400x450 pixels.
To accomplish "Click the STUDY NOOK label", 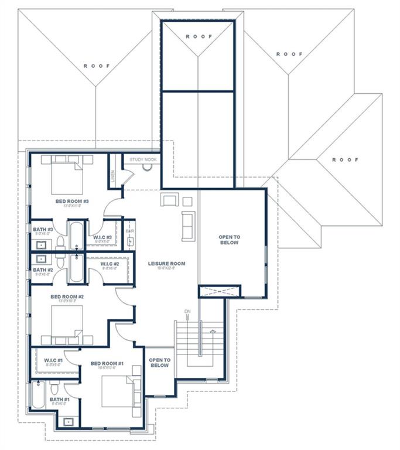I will point(143,159).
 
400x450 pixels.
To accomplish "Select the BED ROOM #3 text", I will point(71,201).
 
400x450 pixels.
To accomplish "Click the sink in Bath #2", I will point(42,258).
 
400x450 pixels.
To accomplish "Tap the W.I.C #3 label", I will point(102,237).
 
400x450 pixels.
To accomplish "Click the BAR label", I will point(130,231).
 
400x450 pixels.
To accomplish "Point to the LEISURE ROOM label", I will point(166,264).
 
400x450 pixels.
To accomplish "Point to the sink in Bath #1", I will point(69,421).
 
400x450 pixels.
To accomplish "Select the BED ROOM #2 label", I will point(67,296).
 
